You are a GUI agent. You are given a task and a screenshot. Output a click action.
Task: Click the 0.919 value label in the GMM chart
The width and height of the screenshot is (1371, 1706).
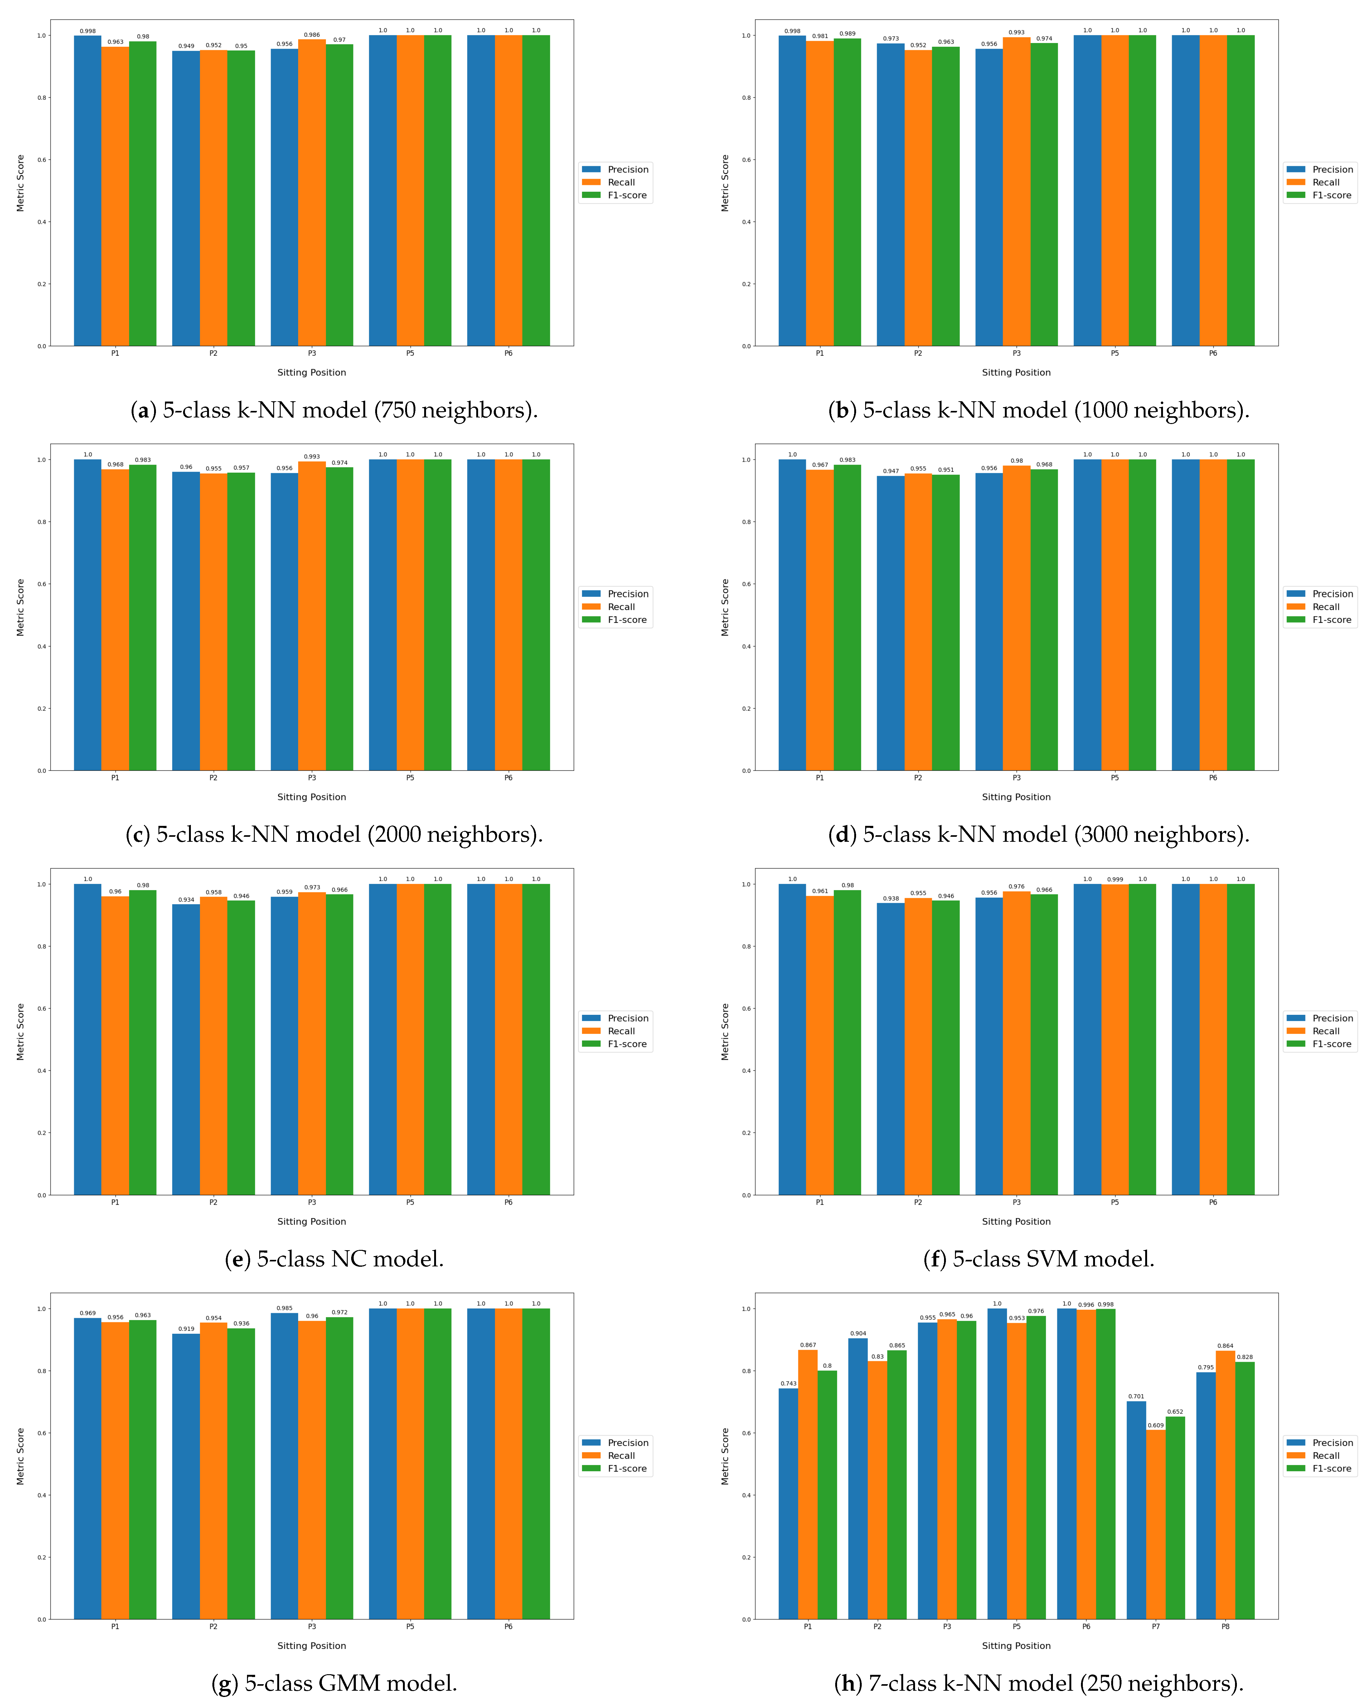[x=186, y=1328]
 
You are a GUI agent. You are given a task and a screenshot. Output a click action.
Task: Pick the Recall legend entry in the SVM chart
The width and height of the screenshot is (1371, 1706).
[x=1325, y=1031]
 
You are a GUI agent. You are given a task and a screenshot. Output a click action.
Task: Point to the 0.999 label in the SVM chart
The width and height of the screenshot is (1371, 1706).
[x=1115, y=879]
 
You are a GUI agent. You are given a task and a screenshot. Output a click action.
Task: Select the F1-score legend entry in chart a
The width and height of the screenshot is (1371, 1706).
[x=626, y=195]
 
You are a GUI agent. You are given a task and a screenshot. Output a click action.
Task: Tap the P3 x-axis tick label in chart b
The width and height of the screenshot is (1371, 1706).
[x=1016, y=353]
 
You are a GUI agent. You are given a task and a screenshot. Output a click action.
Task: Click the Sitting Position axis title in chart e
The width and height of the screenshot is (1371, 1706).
[x=311, y=1221]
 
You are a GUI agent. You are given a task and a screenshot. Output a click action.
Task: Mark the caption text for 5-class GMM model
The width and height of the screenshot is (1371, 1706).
[x=334, y=1683]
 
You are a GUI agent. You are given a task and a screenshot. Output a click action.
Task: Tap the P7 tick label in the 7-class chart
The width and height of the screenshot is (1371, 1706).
[x=1156, y=1626]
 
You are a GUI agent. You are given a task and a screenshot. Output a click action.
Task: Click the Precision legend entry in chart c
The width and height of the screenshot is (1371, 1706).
[x=627, y=594]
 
